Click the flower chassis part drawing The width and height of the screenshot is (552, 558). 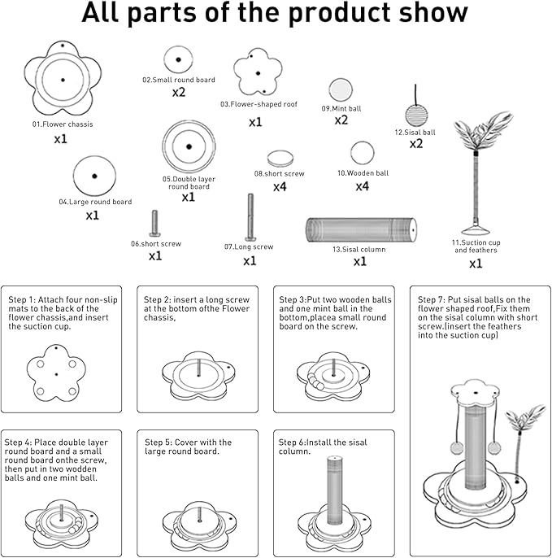point(63,79)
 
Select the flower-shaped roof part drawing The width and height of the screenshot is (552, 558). point(259,75)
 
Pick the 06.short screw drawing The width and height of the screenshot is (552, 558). point(154,225)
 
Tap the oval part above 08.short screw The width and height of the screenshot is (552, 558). point(280,158)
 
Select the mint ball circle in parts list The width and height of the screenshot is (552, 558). point(340,90)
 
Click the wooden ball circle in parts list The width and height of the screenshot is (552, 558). point(363,154)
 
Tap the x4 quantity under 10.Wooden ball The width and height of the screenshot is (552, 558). point(363,186)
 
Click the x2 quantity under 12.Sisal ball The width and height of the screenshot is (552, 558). point(416,144)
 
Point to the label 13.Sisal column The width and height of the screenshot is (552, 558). point(359,250)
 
